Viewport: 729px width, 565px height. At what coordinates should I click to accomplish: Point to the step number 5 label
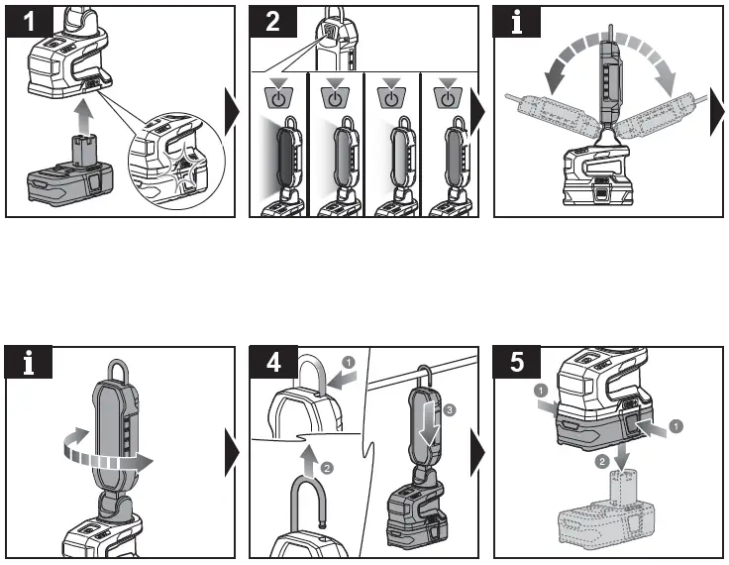517,363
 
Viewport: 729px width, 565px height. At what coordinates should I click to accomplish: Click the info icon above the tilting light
517,21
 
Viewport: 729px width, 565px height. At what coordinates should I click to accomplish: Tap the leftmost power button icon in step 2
279,98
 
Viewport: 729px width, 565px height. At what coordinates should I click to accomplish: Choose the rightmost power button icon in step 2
450,98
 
